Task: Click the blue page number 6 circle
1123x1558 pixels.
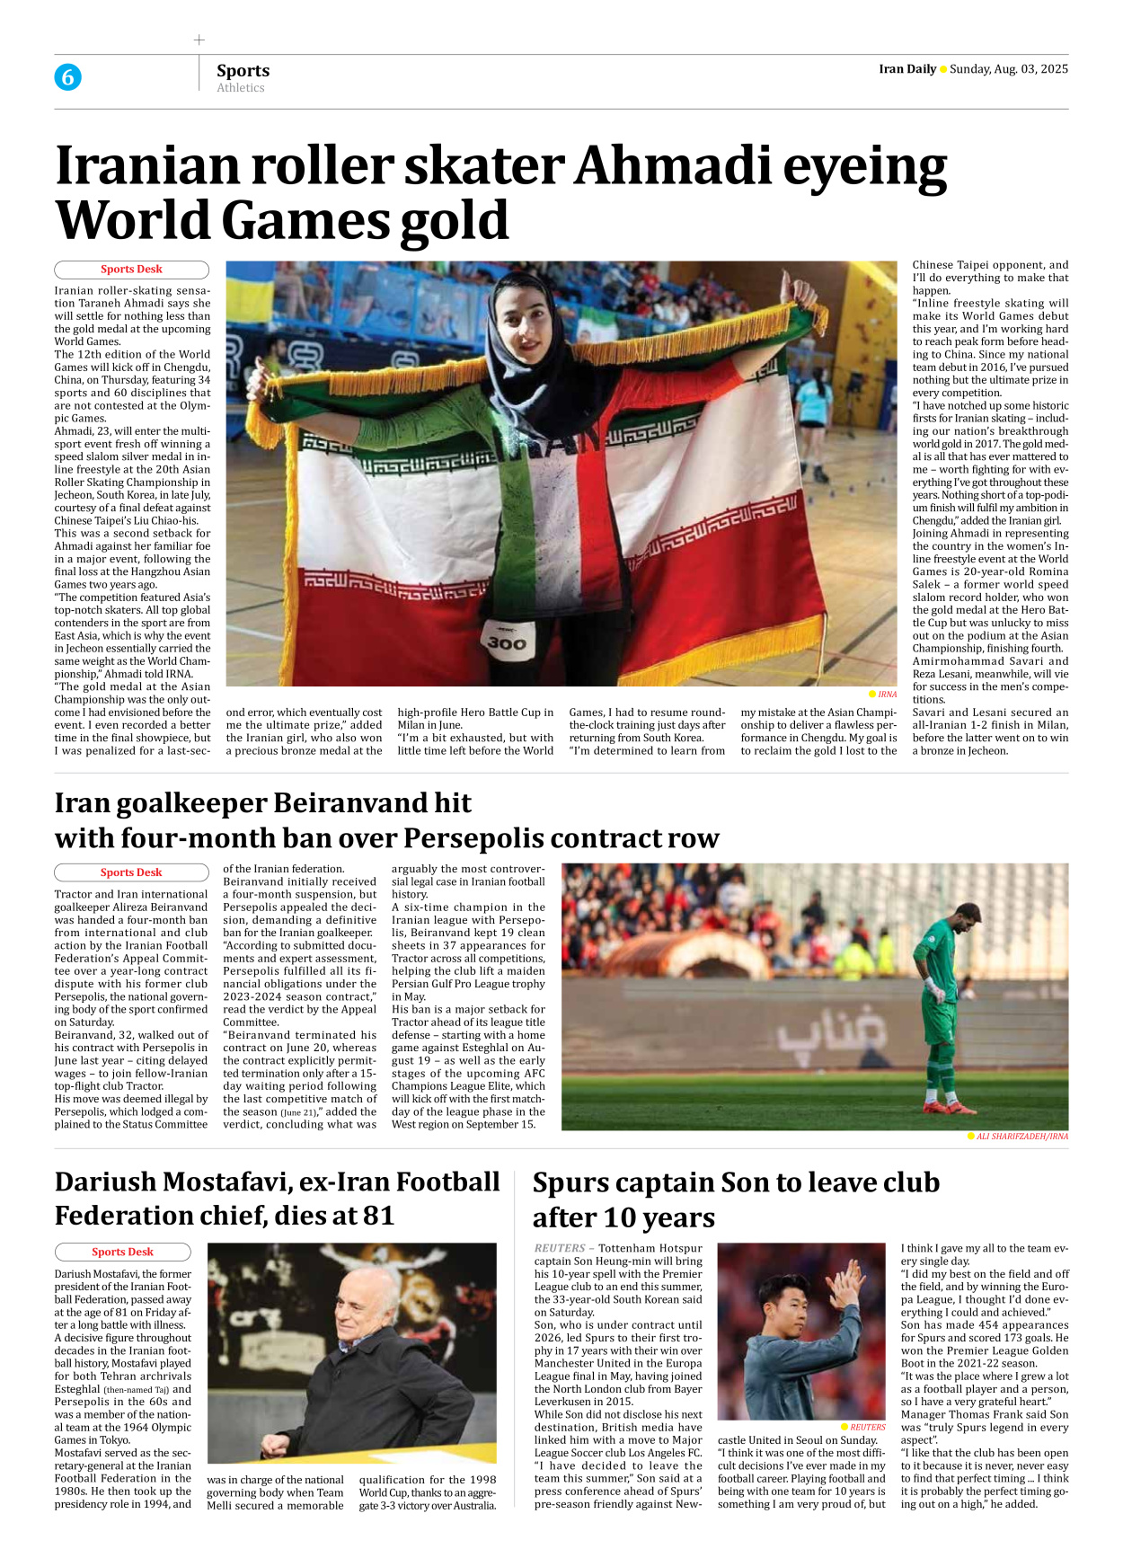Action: pos(67,77)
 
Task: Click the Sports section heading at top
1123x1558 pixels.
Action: pos(243,70)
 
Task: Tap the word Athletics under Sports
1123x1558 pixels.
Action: pos(240,88)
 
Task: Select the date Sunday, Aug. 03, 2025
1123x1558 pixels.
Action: pos(1008,69)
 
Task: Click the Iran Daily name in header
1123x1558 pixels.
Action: pos(906,69)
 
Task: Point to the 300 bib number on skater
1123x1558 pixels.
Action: pos(507,643)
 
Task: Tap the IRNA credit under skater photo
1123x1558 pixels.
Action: pos(887,694)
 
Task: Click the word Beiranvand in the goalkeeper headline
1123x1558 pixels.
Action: pos(373,802)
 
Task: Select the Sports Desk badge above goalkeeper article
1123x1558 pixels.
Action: pos(131,872)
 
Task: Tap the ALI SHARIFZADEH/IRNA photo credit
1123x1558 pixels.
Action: pos(1021,1137)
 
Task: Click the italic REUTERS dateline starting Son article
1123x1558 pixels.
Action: pos(560,1248)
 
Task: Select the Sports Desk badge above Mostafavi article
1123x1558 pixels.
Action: pos(122,1252)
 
